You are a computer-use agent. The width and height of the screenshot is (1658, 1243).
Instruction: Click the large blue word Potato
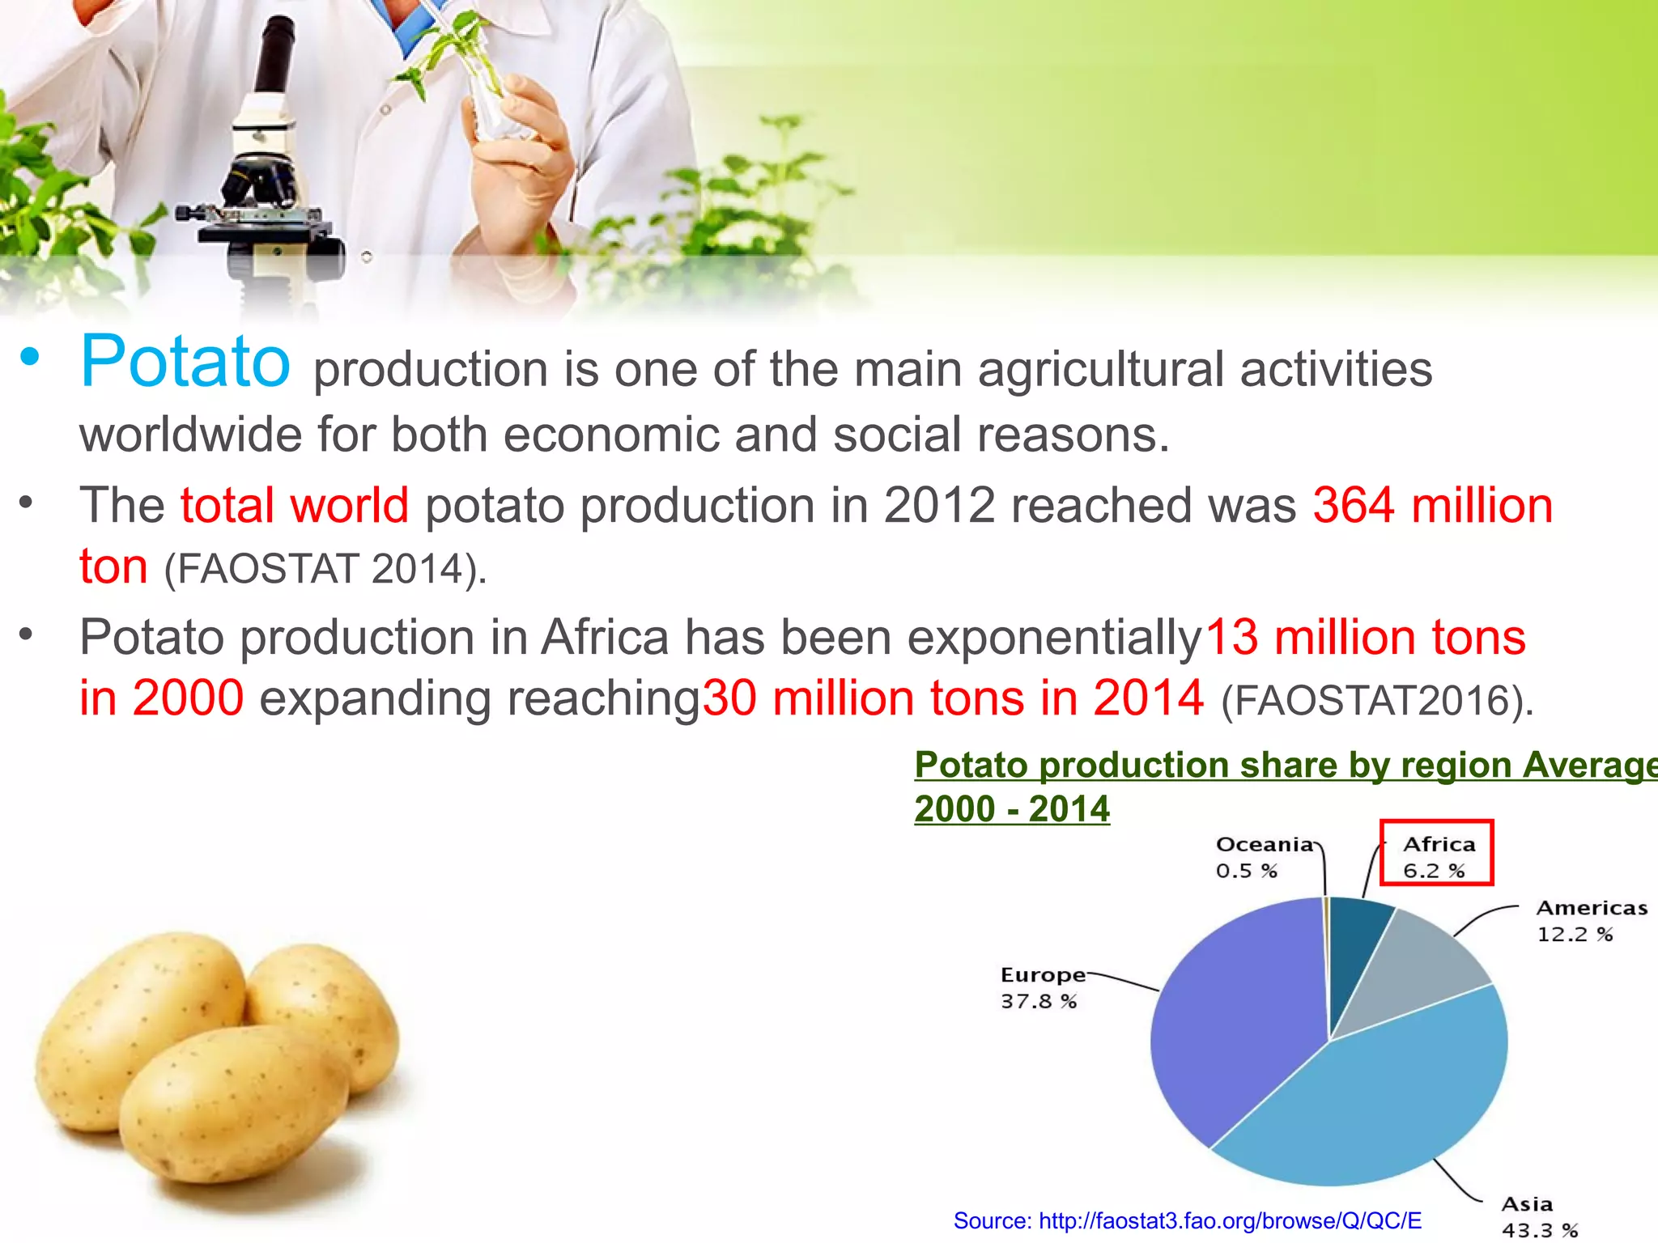(185, 362)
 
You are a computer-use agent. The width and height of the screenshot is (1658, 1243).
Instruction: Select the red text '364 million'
(1432, 506)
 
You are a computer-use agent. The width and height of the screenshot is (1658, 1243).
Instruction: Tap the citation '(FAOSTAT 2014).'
(325, 569)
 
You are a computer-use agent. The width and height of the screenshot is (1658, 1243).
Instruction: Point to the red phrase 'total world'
(294, 506)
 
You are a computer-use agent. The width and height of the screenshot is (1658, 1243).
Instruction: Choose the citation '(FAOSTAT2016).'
(1377, 701)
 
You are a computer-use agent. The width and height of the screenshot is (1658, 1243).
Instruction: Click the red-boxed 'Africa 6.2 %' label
(1437, 856)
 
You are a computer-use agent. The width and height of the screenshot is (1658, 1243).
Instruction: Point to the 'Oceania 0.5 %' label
(1263, 857)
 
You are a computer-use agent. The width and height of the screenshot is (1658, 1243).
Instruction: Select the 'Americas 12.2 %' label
(1591, 920)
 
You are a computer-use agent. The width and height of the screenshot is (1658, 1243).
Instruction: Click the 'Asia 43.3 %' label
(1538, 1216)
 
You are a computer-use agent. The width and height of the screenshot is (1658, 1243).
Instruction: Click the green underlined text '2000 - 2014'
(1012, 809)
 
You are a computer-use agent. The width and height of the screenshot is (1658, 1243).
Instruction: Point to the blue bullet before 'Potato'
(30, 357)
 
